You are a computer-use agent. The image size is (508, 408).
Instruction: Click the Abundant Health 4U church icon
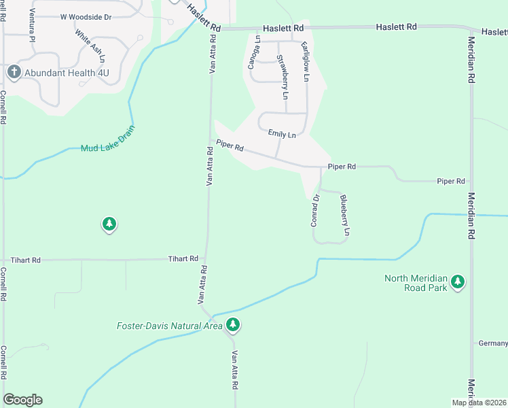coord(13,72)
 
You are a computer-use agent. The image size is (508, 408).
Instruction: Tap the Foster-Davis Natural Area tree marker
coord(233,326)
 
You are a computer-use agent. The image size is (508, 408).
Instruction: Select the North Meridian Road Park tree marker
coord(458,282)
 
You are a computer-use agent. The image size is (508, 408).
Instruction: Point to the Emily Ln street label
coord(282,135)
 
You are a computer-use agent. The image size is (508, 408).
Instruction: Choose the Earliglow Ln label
coord(305,62)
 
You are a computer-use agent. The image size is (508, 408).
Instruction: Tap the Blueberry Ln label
coord(344,216)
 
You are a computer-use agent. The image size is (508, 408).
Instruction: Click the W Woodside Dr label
coord(86,16)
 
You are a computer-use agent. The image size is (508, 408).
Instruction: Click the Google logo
coord(22,400)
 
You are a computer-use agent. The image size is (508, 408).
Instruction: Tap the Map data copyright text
coord(479,403)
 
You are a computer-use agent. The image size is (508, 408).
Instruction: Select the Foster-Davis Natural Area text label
coord(168,326)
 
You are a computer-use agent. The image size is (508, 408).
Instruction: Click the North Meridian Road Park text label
coord(416,283)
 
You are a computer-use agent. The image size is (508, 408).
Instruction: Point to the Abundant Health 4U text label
coord(63,72)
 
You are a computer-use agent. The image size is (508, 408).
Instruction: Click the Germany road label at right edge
coord(493,343)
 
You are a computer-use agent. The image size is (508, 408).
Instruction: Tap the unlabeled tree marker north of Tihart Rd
coord(109,224)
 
